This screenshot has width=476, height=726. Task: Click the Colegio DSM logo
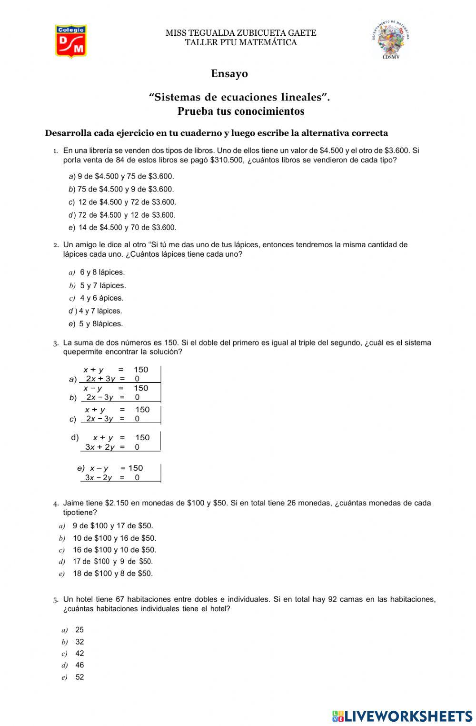pyautogui.click(x=70, y=41)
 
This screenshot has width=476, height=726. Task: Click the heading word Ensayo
pyautogui.click(x=229, y=74)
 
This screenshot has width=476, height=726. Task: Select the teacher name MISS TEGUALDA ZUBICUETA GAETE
pyautogui.click(x=241, y=33)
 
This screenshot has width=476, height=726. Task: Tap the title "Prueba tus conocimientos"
pyautogui.click(x=241, y=111)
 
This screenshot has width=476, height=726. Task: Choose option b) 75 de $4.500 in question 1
pyautogui.click(x=121, y=189)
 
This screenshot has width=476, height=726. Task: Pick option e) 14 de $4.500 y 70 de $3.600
pyautogui.click(x=123, y=228)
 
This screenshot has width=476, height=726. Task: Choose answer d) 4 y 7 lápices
pyautogui.click(x=96, y=311)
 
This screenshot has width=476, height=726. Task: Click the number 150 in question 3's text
pyautogui.click(x=171, y=343)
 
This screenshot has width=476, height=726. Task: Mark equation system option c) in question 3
pyautogui.click(x=73, y=419)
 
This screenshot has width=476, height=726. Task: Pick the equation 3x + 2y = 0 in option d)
pyautogui.click(x=112, y=447)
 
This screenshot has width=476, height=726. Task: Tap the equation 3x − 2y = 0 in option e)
pyautogui.click(x=112, y=478)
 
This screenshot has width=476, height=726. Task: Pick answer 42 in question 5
pyautogui.click(x=79, y=654)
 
